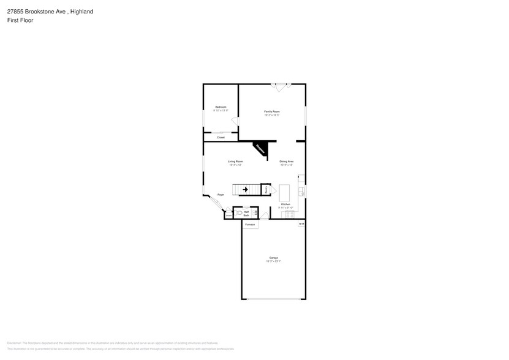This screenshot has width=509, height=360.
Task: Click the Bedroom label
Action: (221, 107)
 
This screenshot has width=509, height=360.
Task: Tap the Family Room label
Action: (272, 111)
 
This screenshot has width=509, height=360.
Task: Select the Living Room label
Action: (235, 161)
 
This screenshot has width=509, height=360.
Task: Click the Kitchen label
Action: (285, 204)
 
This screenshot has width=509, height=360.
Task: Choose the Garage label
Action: (273, 257)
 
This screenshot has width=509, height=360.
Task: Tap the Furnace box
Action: (250, 225)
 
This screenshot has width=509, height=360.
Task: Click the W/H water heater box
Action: (301, 224)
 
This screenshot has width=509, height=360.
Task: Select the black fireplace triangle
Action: (261, 148)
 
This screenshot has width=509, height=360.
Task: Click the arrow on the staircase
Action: (245, 190)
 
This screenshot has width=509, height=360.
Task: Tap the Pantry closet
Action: (266, 190)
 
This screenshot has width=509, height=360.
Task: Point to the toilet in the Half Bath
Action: (239, 212)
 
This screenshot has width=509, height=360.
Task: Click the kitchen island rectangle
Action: (285, 193)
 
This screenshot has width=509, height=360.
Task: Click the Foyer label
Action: (221, 195)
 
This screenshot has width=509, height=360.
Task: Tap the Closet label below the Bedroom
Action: (221, 137)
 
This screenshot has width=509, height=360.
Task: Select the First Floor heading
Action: (21, 20)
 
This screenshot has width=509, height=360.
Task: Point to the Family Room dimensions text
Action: (272, 115)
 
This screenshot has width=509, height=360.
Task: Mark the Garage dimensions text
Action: (273, 261)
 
